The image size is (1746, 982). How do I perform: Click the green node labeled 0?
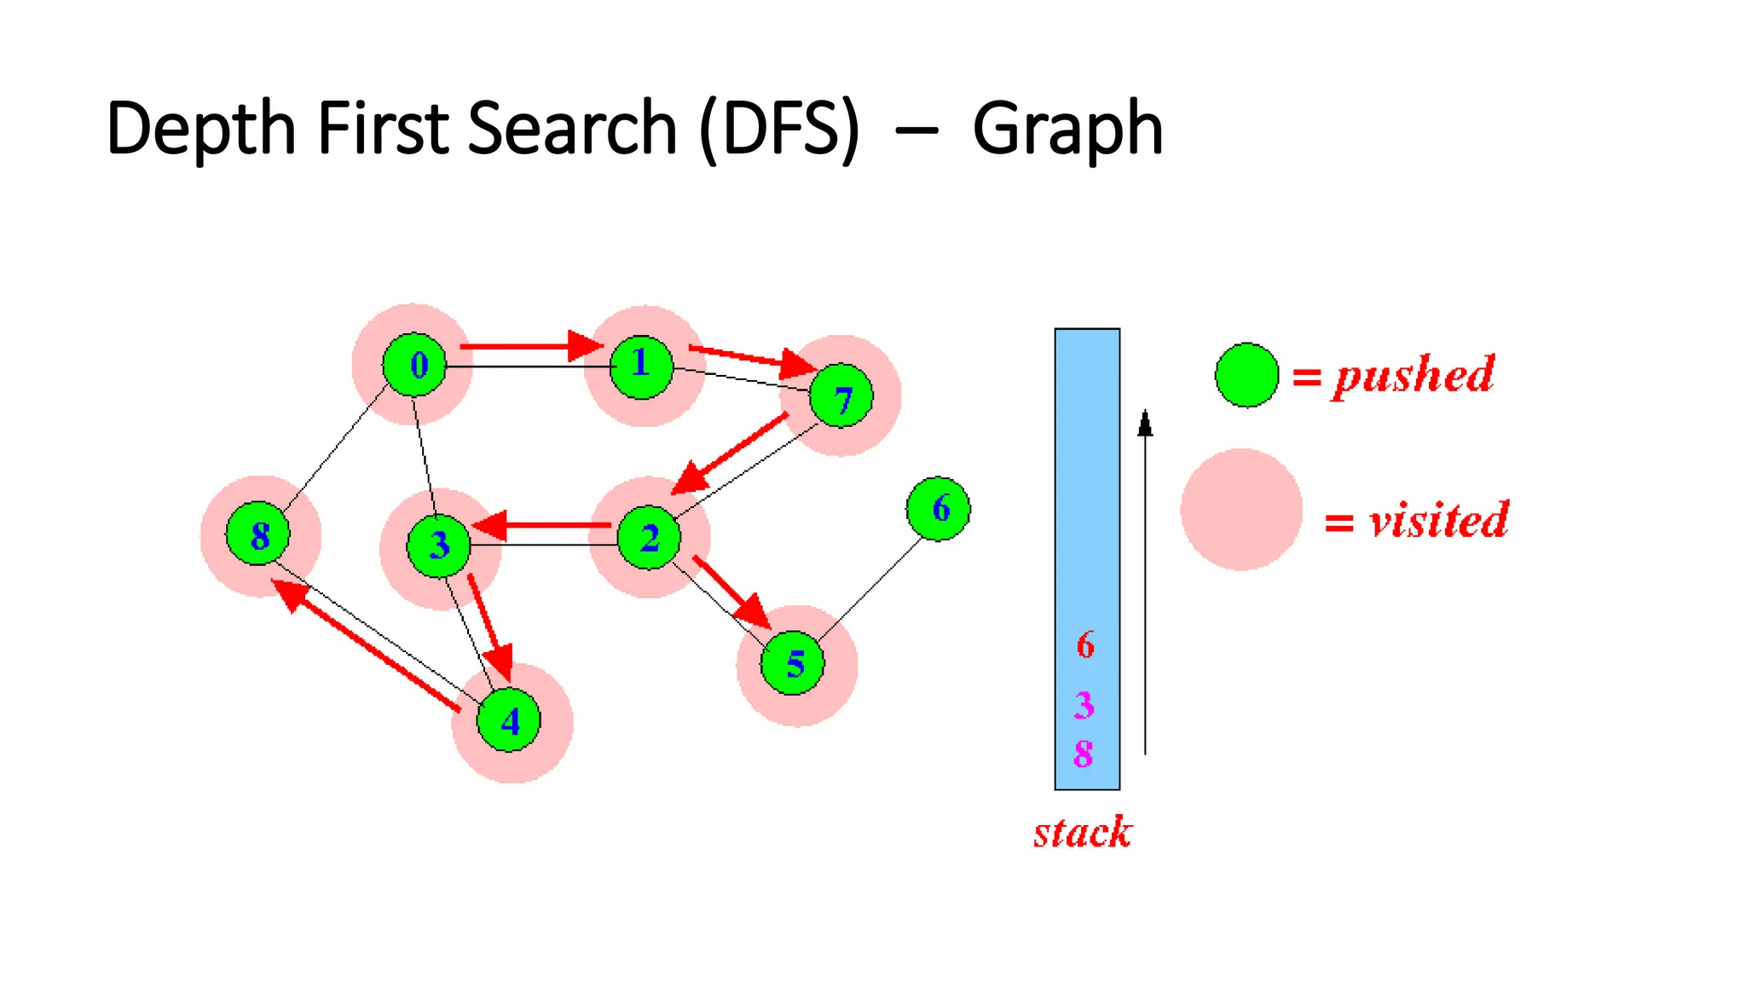point(415,365)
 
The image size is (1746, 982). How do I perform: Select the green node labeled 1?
point(642,367)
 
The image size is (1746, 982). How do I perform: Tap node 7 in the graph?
point(841,396)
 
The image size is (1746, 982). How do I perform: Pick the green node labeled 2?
point(650,537)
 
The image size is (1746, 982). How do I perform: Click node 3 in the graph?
point(439,546)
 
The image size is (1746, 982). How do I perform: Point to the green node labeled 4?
point(509,721)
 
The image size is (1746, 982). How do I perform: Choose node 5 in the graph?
point(793,663)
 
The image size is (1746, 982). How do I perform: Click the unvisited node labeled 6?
point(939,509)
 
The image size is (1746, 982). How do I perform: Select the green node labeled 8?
point(258,534)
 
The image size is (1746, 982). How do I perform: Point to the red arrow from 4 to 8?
point(367,644)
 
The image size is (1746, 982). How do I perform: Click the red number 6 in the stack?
point(1085,645)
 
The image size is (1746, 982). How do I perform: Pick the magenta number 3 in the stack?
point(1084,705)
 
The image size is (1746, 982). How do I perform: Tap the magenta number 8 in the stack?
point(1084,754)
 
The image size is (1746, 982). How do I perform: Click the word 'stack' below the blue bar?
point(1083,832)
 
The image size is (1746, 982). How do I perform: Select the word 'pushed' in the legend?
point(1414,375)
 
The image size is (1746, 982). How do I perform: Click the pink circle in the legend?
point(1241,510)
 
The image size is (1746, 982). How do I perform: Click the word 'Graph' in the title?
point(1067,130)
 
